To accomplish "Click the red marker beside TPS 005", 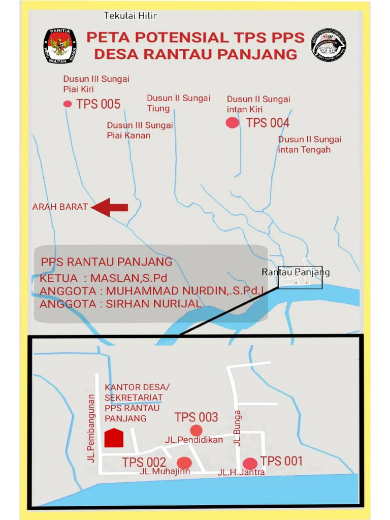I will pos(68,104).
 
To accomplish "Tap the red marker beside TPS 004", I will pos(233,122).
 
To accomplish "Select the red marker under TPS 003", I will pos(196,431).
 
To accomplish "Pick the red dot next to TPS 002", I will pos(184,463).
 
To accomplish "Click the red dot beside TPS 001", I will pos(250,463).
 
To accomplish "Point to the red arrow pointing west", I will pos(110,207).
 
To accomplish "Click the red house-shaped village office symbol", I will pos(114,438).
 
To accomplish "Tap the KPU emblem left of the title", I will pos(60,46).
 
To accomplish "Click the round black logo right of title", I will pos(329,45).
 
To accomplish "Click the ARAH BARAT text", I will pos(60,207).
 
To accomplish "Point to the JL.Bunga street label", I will pos(238,428).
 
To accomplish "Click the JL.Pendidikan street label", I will pos(194,440).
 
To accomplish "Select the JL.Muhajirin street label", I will pos(165,471).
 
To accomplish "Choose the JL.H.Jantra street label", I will pos(241,472).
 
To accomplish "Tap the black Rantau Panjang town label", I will pos(296,272).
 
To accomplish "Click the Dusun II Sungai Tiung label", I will pos(178,103).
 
